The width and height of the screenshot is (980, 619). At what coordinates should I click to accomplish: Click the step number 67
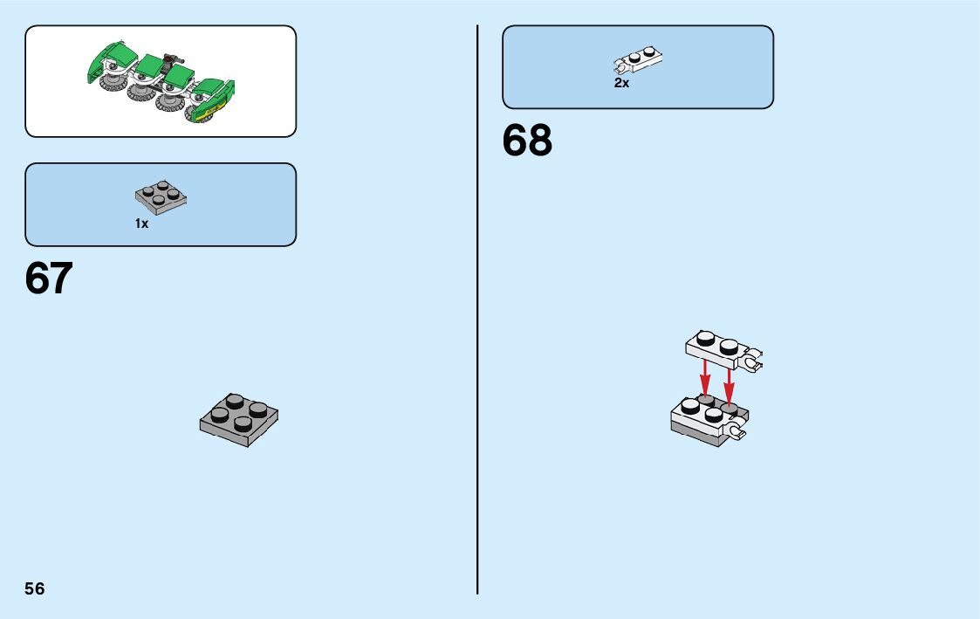point(49,279)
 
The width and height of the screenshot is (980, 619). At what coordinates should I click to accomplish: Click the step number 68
point(527,141)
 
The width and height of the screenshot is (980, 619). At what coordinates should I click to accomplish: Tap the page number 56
point(35,588)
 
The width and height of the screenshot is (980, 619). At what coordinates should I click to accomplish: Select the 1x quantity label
point(141,224)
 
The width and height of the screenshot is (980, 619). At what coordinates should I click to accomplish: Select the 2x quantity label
point(621,83)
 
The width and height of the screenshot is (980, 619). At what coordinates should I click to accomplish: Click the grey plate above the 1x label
point(161,198)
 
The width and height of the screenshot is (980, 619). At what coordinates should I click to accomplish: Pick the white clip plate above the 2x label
point(639,59)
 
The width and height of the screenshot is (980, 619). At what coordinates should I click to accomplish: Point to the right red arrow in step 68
point(729,382)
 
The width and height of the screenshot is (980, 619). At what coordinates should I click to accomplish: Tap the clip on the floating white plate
point(752,358)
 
